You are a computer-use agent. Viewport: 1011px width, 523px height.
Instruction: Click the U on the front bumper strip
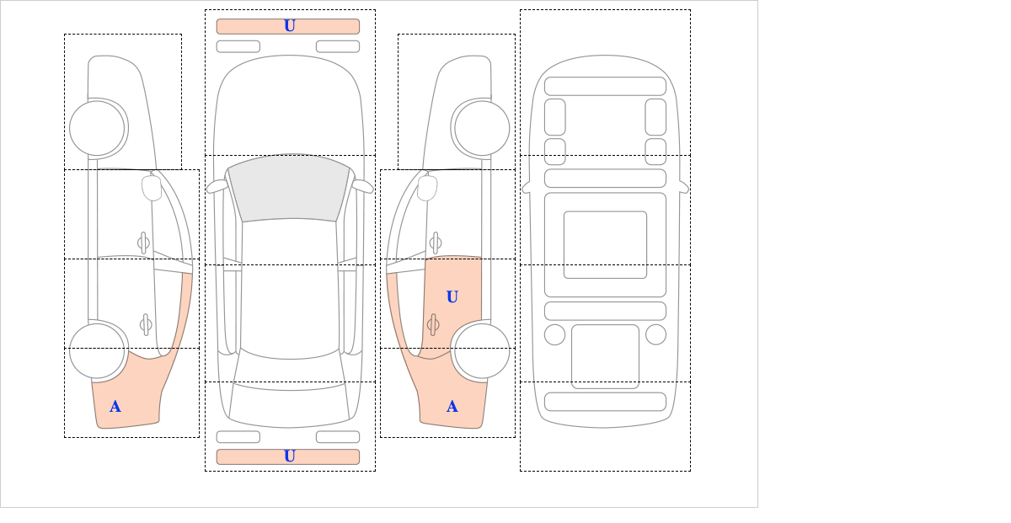coord(290,26)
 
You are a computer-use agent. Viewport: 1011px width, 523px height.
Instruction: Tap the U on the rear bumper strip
coord(290,456)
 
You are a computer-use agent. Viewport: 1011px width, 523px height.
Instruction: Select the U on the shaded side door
coord(452,296)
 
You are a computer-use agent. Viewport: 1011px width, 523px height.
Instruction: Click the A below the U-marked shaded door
coord(452,407)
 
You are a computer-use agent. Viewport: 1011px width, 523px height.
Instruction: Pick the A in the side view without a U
coord(115,407)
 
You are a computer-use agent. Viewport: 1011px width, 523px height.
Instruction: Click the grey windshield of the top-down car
coord(289,187)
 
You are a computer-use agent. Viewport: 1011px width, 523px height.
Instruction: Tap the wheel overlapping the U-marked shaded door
coord(482,350)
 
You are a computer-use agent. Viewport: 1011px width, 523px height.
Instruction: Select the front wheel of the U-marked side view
coord(482,128)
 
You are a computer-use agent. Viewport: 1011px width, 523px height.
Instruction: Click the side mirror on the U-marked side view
coord(427,188)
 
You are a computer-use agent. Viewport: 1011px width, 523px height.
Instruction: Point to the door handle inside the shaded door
coord(433,324)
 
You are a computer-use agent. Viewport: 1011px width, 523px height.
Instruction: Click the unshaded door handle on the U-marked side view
coord(435,243)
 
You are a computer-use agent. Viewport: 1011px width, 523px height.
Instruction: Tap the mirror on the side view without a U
coord(152,188)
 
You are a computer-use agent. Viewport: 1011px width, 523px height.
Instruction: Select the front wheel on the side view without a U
coord(97,128)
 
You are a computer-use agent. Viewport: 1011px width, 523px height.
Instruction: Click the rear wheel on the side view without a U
coord(97,350)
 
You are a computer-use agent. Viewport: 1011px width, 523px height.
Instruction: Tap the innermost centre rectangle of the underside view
coord(605,244)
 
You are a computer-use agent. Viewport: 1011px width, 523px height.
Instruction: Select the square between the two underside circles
coord(605,356)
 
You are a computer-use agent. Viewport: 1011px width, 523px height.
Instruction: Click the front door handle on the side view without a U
coord(143,243)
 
